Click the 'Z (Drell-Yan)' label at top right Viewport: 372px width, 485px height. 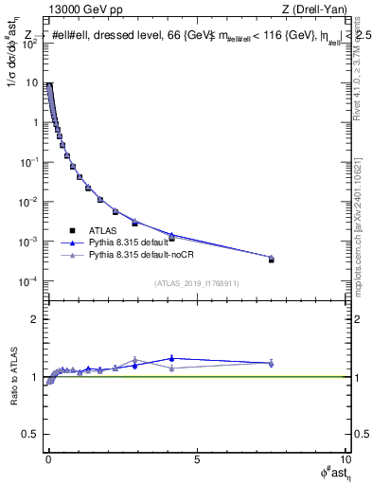tap(315, 9)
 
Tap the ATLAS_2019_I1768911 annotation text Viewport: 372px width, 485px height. tap(198, 283)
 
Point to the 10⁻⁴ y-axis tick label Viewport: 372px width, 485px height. tap(32, 281)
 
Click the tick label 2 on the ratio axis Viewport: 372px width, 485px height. tap(36, 319)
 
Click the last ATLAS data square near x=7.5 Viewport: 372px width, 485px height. tap(271, 260)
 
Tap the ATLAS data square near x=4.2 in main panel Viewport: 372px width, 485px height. tap(171, 238)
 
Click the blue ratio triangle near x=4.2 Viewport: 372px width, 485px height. tap(171, 358)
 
